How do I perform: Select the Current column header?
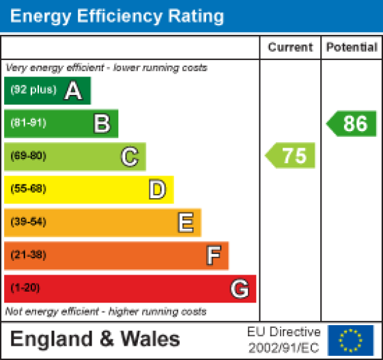click(x=290, y=47)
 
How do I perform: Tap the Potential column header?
click(x=352, y=47)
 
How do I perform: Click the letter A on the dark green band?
click(x=73, y=91)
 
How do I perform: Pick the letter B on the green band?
click(x=101, y=124)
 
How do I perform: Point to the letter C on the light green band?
click(x=129, y=156)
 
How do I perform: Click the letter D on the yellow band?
click(x=157, y=189)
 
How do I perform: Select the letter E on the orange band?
click(x=185, y=222)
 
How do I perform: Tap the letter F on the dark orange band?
click(x=213, y=255)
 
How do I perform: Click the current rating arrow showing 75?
click(x=291, y=156)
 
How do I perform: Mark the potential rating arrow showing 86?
click(x=352, y=124)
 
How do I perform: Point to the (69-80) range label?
click(x=28, y=156)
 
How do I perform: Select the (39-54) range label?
click(x=28, y=222)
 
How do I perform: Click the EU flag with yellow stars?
click(x=351, y=339)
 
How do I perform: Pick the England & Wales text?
click(x=96, y=339)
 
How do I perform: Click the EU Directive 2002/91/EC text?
click(x=283, y=339)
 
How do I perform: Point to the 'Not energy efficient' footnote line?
click(x=106, y=311)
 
